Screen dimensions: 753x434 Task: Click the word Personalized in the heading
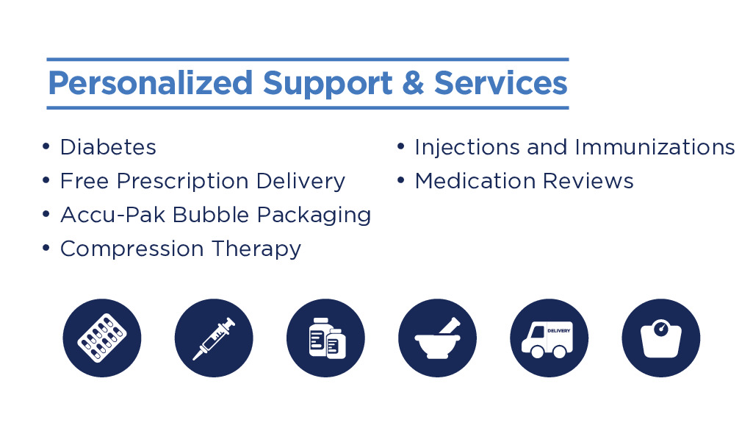click(x=151, y=84)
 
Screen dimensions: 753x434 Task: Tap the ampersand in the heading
click(x=413, y=82)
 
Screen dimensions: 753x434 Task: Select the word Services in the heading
click(x=501, y=82)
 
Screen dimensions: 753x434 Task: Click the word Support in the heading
click(x=328, y=84)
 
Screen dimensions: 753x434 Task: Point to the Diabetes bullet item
click(x=108, y=147)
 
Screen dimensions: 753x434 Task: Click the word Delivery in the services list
click(x=300, y=182)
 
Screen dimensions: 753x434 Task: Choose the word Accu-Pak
click(x=113, y=215)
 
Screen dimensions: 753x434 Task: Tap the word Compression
click(x=132, y=249)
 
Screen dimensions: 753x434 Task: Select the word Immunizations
click(x=655, y=147)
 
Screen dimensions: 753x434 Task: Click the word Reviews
click(x=588, y=181)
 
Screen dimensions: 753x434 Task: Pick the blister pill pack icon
click(x=102, y=338)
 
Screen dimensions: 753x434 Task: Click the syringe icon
click(x=214, y=338)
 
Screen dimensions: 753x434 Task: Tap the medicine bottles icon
click(x=325, y=338)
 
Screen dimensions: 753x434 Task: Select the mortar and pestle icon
click(x=438, y=338)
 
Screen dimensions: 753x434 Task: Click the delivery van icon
click(x=550, y=338)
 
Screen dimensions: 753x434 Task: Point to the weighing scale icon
click(x=661, y=338)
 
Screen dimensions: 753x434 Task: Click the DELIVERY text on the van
click(x=559, y=331)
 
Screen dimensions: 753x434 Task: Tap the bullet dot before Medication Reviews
click(x=401, y=181)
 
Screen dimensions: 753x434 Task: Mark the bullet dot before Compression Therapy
click(x=46, y=249)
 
